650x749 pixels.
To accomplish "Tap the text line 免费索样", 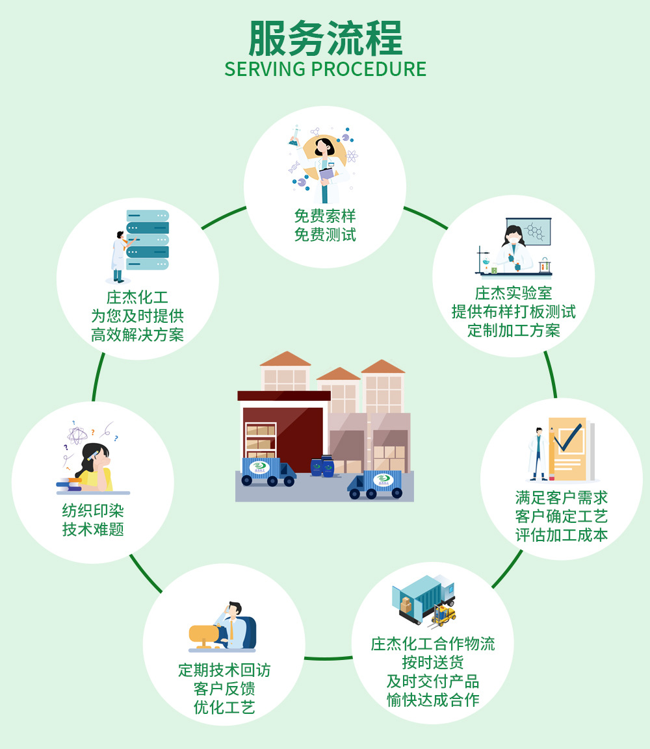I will [x=325, y=215].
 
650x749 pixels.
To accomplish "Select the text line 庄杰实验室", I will [x=513, y=293].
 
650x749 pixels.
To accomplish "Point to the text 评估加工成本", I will [x=561, y=535].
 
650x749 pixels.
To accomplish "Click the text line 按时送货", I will [x=432, y=663].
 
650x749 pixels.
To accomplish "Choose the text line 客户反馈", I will [x=224, y=689].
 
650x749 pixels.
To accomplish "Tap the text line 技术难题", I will [x=93, y=529].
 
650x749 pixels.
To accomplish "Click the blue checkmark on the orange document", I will [x=567, y=438].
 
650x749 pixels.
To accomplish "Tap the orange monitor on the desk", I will [x=205, y=633].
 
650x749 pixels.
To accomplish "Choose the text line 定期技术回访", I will [x=224, y=670].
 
